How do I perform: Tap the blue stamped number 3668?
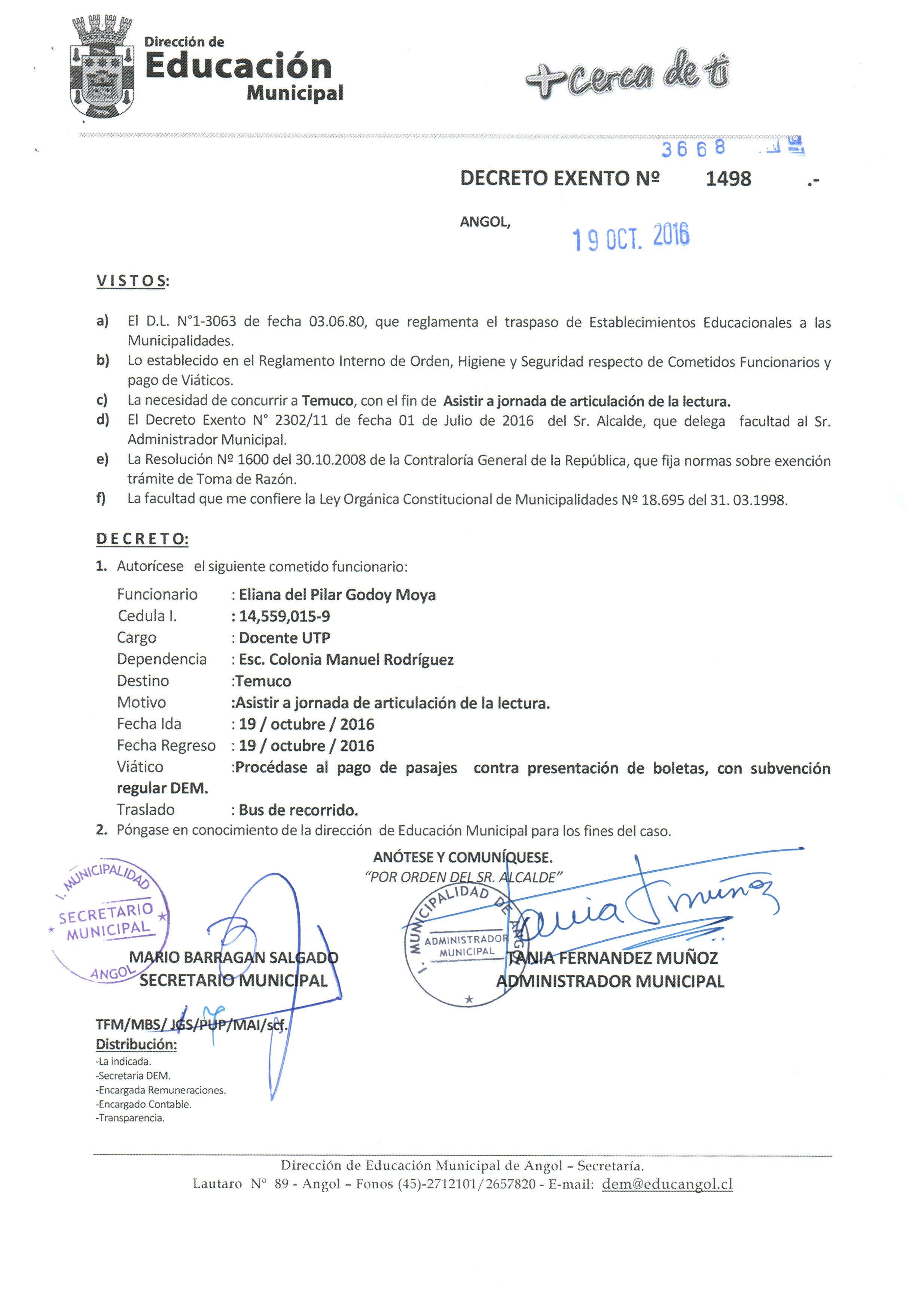point(693,149)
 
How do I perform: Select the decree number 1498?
point(728,179)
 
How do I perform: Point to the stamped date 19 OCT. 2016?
point(631,236)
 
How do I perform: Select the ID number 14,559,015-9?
point(284,616)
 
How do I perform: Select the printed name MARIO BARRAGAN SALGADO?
point(234,957)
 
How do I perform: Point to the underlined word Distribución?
point(136,1044)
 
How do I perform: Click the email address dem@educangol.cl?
point(667,1184)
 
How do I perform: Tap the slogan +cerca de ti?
point(627,76)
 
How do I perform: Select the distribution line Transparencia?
point(130,1118)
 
